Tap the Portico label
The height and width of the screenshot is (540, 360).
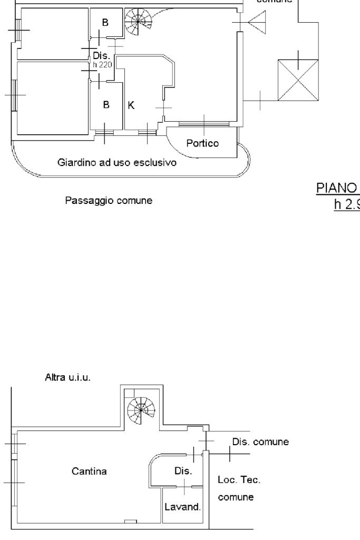pos(202,143)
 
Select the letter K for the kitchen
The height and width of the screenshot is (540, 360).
pos(132,105)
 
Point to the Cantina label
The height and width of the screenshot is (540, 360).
pos(89,471)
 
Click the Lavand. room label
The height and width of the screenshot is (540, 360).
pos(182,508)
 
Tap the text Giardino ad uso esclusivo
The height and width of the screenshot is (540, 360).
pos(116,163)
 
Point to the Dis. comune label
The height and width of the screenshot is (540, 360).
pos(260,442)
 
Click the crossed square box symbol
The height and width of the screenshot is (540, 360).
pos(298,80)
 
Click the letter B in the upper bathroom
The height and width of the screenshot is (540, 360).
pos(105,23)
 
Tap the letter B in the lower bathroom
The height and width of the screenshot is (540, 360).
pos(106,105)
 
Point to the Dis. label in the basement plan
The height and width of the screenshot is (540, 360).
pos(182,470)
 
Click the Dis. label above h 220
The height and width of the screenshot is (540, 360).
pos(100,55)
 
